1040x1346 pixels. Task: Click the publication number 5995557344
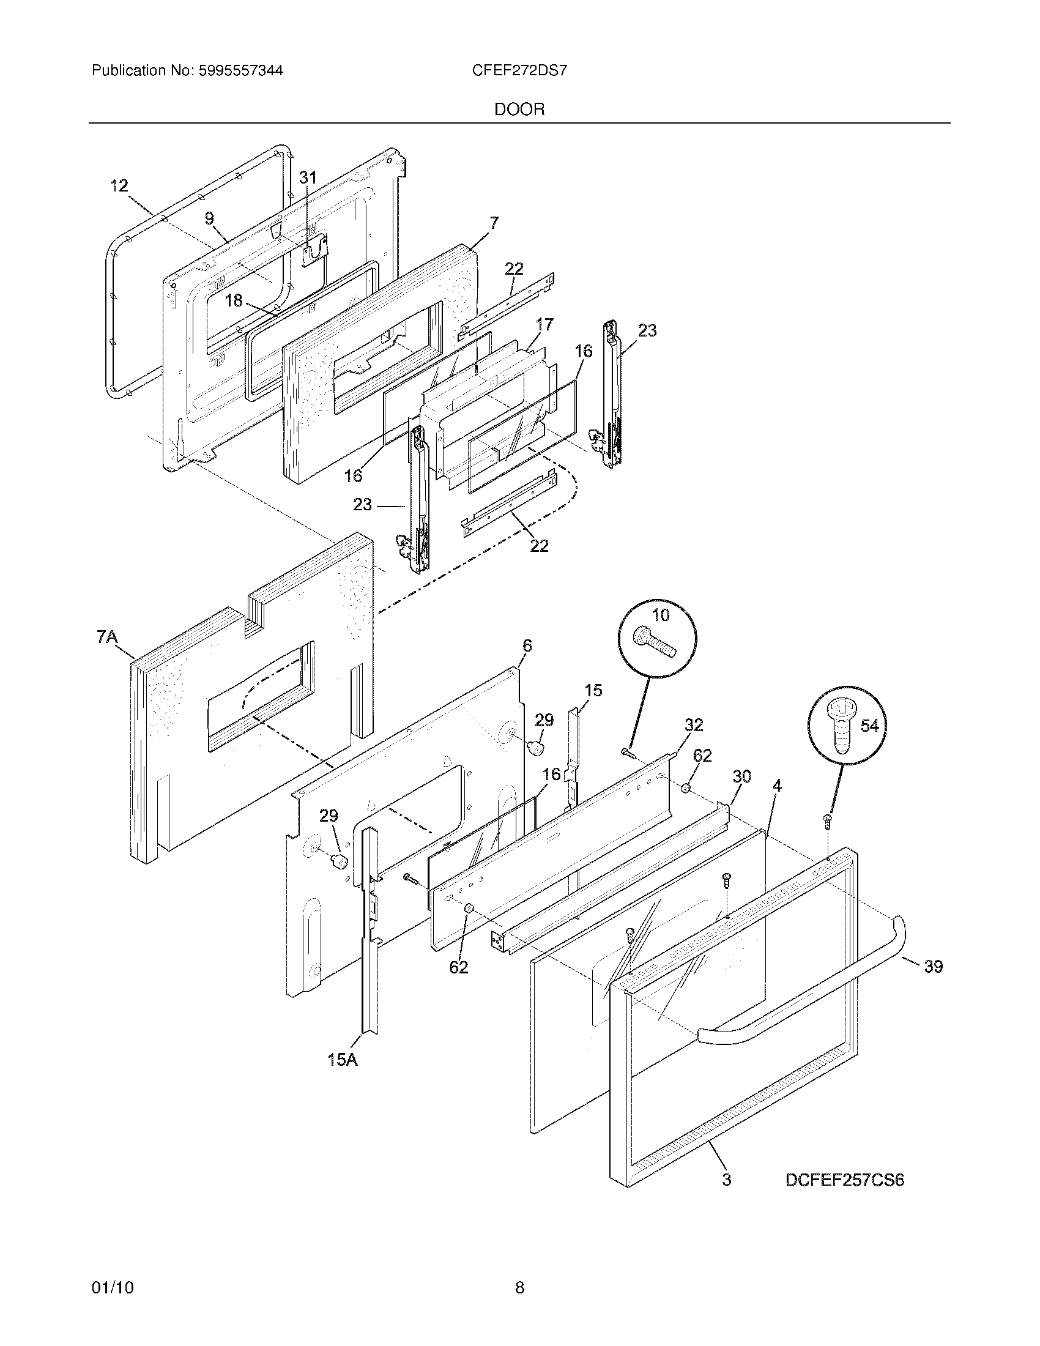(240, 71)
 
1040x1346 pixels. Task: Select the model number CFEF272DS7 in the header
(519, 71)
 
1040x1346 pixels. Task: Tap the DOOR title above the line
(519, 110)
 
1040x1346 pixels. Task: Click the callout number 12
(119, 185)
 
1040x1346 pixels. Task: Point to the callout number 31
(308, 177)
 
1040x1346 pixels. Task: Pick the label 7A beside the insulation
(107, 637)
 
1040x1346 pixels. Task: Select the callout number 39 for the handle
(934, 966)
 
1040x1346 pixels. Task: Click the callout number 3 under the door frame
(727, 1180)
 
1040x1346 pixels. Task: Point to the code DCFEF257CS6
(845, 1180)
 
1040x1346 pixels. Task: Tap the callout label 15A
(343, 1060)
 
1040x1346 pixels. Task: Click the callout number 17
(544, 324)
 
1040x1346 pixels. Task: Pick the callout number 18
(234, 301)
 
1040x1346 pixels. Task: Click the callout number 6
(527, 646)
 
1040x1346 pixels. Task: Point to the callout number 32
(694, 725)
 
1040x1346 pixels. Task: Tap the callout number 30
(742, 776)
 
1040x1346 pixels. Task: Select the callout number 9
(209, 218)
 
